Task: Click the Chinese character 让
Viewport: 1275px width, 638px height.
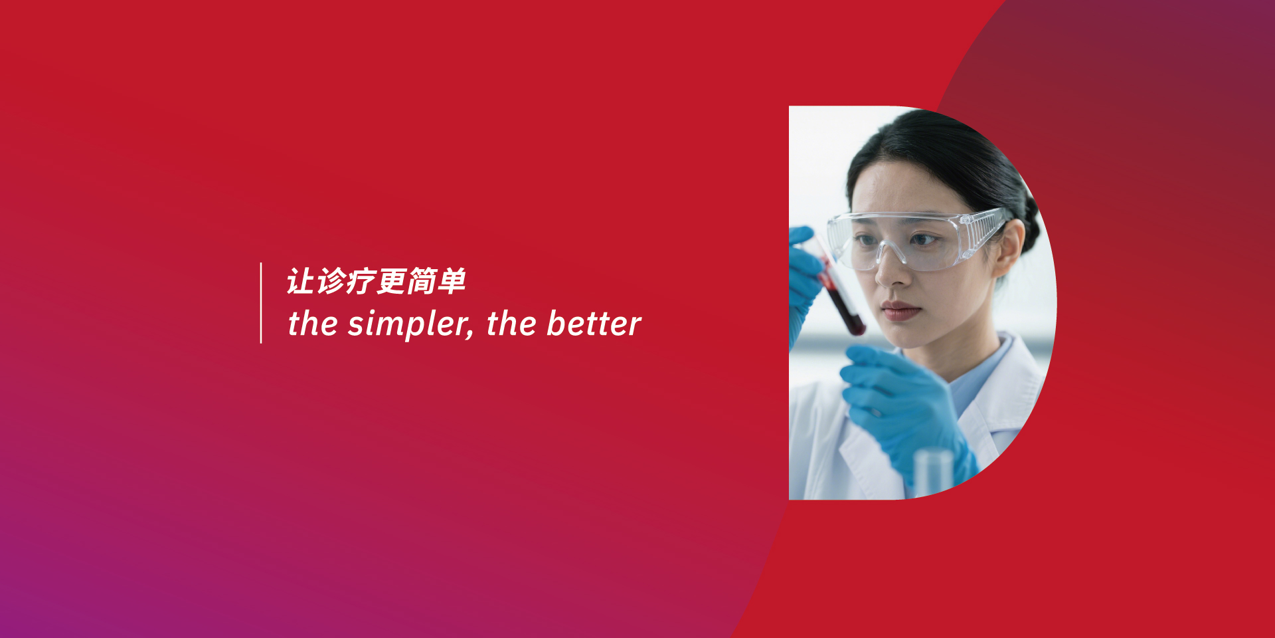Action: [301, 281]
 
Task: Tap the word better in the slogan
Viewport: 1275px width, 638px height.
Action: [594, 324]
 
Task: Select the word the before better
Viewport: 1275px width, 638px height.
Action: [511, 324]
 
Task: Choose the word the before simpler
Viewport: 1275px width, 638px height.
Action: [313, 324]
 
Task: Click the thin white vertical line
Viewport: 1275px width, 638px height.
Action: [261, 303]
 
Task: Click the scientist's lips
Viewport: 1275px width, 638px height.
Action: [900, 310]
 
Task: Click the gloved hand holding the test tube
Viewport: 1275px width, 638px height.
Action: [806, 279]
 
